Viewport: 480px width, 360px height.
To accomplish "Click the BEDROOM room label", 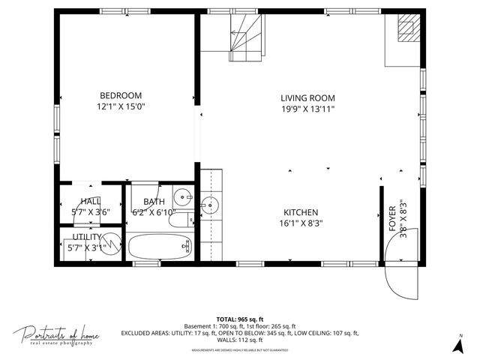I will (x=121, y=95).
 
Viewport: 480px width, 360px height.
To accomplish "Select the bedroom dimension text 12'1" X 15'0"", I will (x=121, y=106).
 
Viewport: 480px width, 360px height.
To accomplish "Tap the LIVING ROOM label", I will (x=307, y=98).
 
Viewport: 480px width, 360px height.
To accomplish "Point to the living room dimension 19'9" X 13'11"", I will (x=307, y=109).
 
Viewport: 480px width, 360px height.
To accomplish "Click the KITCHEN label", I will (x=301, y=212).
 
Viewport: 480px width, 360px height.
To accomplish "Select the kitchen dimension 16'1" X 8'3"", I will (x=301, y=223).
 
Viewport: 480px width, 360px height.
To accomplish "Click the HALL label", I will (x=91, y=201).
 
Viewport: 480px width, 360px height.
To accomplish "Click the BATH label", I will (x=154, y=201).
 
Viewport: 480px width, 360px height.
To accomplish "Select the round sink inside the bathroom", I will (x=182, y=198).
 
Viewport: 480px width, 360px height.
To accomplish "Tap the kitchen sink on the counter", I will (x=210, y=203).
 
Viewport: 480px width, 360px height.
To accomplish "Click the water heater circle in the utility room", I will (x=111, y=244).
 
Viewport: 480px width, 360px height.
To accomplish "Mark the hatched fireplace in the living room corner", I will (x=406, y=28).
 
